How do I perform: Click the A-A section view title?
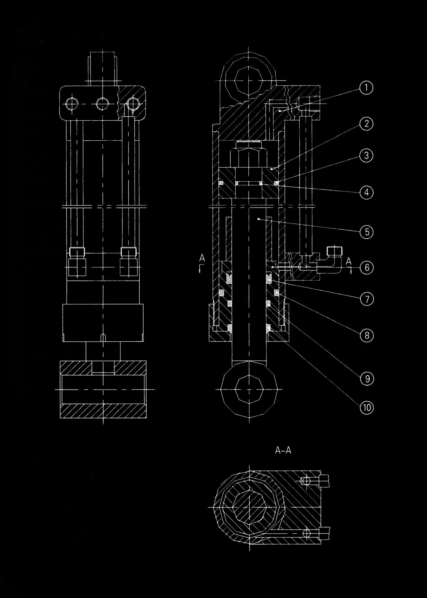(283, 451)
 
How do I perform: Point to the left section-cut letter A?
(202, 258)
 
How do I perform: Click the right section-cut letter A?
(348, 261)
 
